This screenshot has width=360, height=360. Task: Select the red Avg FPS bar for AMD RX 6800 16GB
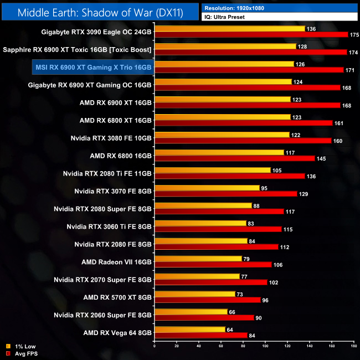coord(234,158)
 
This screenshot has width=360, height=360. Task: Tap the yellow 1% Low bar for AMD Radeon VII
coord(198,259)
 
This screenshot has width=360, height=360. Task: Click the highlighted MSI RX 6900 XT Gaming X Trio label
coord(92,67)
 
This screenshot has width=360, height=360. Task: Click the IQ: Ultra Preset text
coord(224,17)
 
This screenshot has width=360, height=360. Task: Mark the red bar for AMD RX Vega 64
coord(200,335)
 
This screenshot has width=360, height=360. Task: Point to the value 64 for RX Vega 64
coord(230,329)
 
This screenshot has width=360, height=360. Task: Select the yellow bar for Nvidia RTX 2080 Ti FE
coord(213,170)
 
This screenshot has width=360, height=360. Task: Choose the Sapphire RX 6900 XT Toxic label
coord(78,49)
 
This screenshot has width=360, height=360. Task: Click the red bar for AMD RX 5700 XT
coord(207,300)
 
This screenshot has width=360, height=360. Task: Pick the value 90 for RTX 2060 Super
coord(259,317)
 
